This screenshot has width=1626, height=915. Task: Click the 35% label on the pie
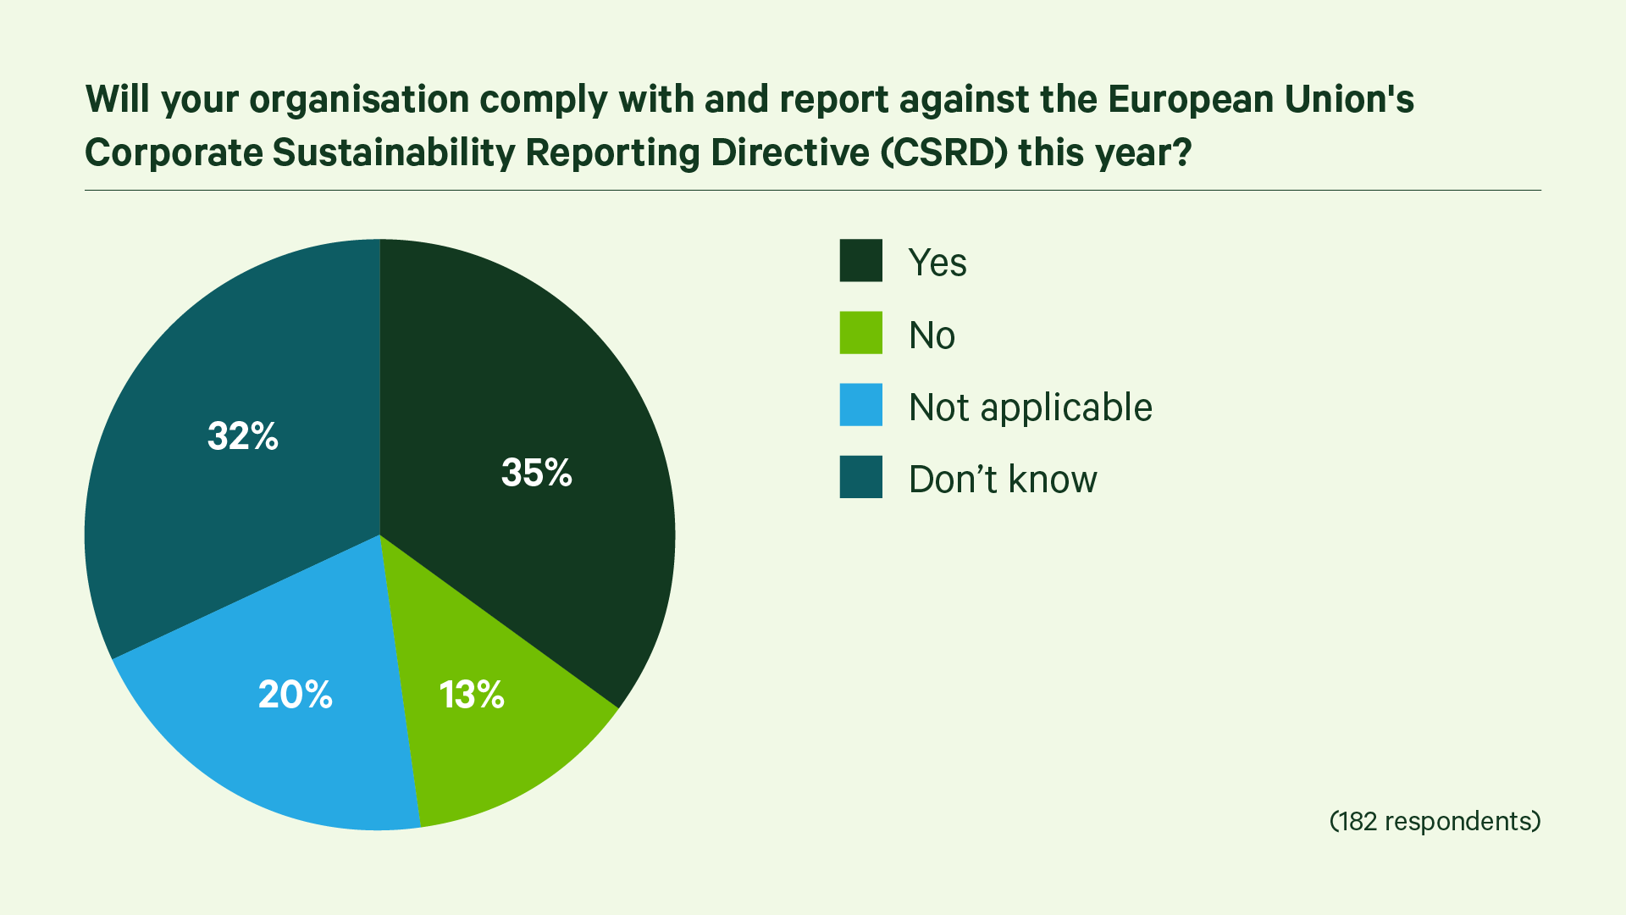pyautogui.click(x=536, y=473)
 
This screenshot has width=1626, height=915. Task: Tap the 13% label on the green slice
pyautogui.click(x=472, y=695)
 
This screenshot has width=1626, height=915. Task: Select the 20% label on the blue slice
pyautogui.click(x=295, y=695)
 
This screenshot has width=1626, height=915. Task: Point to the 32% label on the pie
pyautogui.click(x=243, y=436)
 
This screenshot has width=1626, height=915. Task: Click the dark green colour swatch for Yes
pyautogui.click(x=860, y=261)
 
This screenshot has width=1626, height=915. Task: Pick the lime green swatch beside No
pyautogui.click(x=860, y=333)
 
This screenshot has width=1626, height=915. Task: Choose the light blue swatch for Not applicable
pyautogui.click(x=860, y=405)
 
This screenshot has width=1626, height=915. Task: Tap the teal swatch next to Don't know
pyautogui.click(x=860, y=477)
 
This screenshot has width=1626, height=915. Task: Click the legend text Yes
pyautogui.click(x=937, y=263)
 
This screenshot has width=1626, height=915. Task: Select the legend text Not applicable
pyautogui.click(x=1030, y=408)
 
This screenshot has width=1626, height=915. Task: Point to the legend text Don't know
pyautogui.click(x=1003, y=480)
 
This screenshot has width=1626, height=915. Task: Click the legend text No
pyautogui.click(x=932, y=335)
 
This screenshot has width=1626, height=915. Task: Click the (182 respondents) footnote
pyautogui.click(x=1435, y=821)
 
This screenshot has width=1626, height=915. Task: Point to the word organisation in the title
pyautogui.click(x=359, y=100)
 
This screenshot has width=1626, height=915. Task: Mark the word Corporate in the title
pyautogui.click(x=174, y=153)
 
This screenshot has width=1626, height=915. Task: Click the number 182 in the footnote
pyautogui.click(x=1358, y=821)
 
